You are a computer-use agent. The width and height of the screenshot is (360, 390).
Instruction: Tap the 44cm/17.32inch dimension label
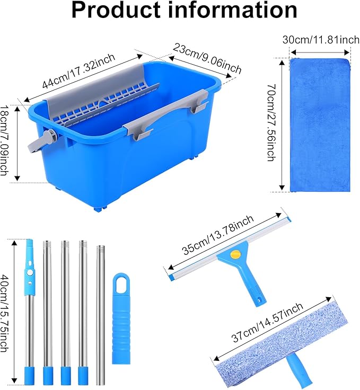78,71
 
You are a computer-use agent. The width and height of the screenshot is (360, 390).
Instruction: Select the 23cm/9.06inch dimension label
207,58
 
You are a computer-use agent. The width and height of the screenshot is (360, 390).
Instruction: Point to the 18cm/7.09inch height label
4,140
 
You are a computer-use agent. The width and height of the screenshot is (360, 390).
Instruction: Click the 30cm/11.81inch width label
321,40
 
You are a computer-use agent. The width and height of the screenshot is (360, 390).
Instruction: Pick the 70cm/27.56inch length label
271,122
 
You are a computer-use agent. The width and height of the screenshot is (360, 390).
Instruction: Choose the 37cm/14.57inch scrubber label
267,322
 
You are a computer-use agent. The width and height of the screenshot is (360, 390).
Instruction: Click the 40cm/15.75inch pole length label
4,313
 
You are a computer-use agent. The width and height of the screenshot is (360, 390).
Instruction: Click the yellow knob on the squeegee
235,254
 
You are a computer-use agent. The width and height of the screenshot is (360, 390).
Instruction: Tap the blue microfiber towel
320,125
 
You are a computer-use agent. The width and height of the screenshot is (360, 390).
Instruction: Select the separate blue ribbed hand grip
121,318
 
